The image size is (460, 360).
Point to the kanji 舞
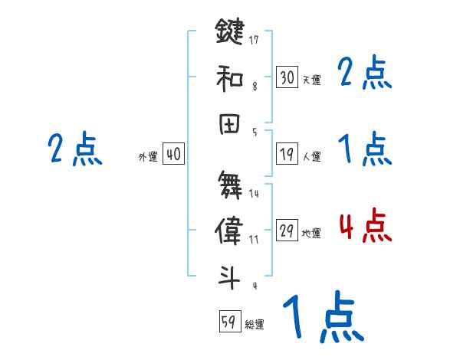click(229, 184)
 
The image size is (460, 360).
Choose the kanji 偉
click(229, 232)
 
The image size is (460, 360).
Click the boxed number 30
click(287, 77)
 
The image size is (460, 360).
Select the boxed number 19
click(287, 155)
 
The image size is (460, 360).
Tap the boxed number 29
click(287, 231)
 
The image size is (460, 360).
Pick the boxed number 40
click(173, 155)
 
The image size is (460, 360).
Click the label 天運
click(311, 80)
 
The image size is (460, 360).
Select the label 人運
click(311, 157)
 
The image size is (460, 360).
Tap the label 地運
click(311, 234)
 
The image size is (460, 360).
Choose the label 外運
click(147, 157)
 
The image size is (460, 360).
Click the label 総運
click(255, 324)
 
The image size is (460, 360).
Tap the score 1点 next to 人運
click(365, 148)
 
